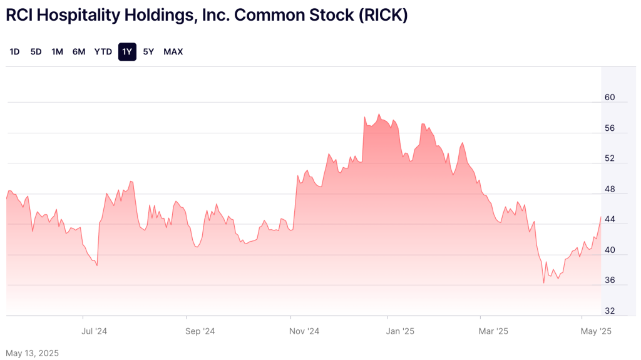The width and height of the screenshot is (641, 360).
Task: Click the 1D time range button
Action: click(x=14, y=52)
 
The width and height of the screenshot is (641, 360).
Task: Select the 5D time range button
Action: click(x=36, y=52)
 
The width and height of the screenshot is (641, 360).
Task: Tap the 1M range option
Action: click(x=57, y=52)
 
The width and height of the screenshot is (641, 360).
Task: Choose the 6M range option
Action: click(x=79, y=52)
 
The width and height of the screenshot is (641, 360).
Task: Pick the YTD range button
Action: click(x=103, y=52)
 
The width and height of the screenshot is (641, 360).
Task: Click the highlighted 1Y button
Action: click(x=127, y=52)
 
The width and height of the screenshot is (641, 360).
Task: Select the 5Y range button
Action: click(x=148, y=52)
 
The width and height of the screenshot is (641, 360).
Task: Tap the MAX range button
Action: click(x=173, y=52)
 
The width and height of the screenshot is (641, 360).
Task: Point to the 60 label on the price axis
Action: click(x=610, y=98)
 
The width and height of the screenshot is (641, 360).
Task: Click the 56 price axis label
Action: click(x=610, y=128)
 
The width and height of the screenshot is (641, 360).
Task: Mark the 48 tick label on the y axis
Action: click(x=610, y=189)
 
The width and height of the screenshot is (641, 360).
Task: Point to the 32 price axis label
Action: click(x=610, y=311)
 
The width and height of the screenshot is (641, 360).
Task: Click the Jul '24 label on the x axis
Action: click(x=95, y=331)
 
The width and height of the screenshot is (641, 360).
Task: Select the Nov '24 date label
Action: click(x=305, y=331)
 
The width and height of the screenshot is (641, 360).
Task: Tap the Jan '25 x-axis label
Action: click(x=401, y=331)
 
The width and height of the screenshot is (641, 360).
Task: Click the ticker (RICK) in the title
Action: click(x=383, y=16)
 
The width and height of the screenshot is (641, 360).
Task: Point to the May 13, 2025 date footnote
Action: click(x=32, y=353)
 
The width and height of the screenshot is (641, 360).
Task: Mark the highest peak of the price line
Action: click(x=379, y=114)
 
